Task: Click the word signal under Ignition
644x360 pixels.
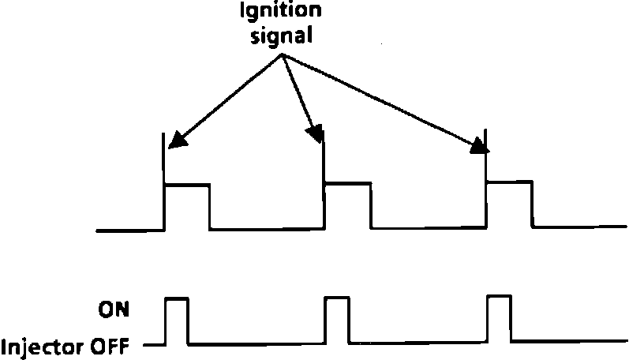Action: click(x=281, y=36)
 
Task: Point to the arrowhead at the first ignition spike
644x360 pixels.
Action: click(x=178, y=141)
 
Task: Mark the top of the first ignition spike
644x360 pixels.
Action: click(x=164, y=135)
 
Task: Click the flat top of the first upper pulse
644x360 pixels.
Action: click(x=187, y=185)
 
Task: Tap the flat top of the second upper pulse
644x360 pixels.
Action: click(x=347, y=183)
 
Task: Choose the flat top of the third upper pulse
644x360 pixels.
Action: click(x=509, y=182)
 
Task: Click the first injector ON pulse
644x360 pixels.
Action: click(x=176, y=299)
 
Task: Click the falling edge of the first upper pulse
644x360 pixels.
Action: click(x=210, y=207)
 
